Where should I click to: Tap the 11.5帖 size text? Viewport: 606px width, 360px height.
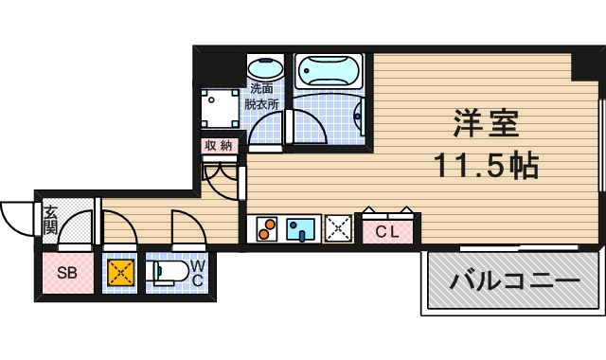click(486, 167)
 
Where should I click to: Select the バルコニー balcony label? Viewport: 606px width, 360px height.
click(514, 282)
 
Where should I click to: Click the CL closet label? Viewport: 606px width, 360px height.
click(387, 230)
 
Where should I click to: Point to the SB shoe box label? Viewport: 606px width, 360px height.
click(66, 274)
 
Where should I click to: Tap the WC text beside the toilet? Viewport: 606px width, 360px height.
click(198, 274)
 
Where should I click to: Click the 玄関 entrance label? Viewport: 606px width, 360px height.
click(50, 220)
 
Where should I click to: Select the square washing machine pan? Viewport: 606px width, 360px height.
click(219, 106)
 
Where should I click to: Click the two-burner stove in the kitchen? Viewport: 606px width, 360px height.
click(266, 229)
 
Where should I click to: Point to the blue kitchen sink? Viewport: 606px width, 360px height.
click(302, 229)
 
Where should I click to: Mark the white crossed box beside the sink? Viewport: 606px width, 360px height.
click(338, 229)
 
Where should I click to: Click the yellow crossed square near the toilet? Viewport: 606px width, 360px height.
click(119, 273)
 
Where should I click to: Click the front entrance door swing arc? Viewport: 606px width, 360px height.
click(17, 220)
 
